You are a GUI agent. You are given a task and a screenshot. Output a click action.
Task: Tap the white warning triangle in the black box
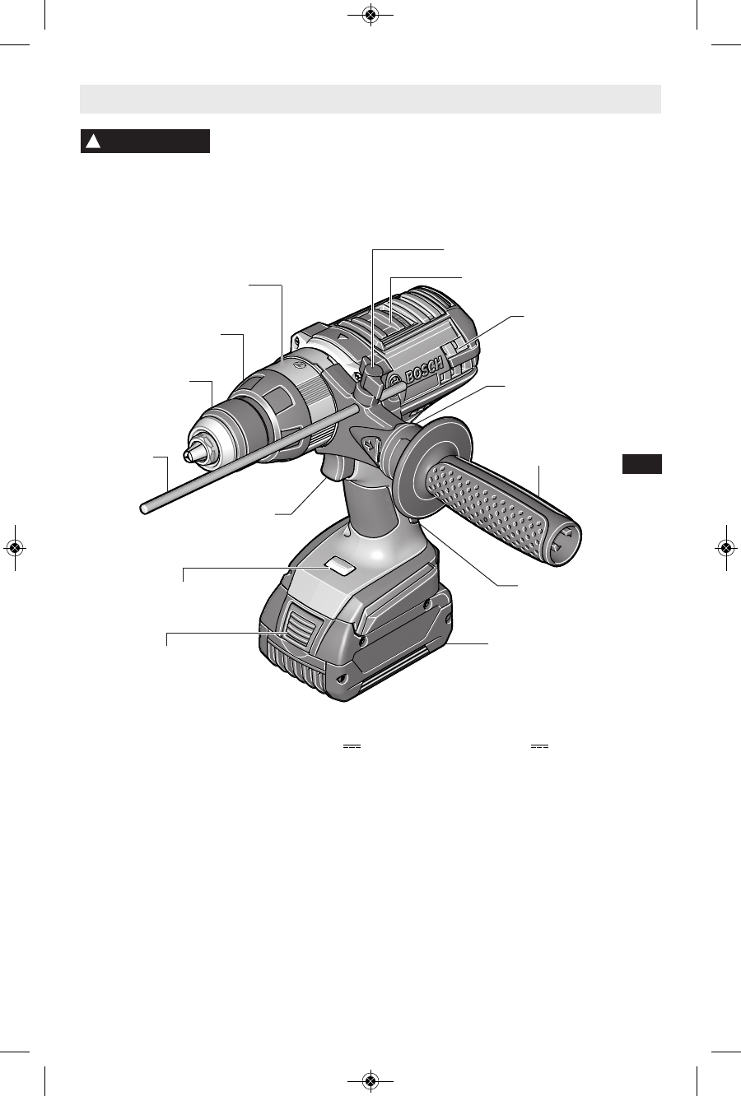click(x=93, y=142)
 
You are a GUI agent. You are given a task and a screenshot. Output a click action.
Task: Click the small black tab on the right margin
click(x=641, y=464)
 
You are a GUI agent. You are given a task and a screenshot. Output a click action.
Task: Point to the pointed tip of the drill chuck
click(x=186, y=457)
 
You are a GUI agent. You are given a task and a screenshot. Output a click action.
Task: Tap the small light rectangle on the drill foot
click(x=340, y=565)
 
